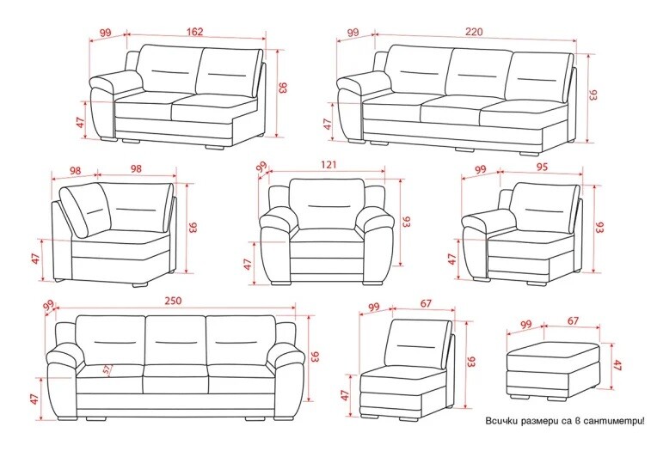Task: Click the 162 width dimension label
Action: (194, 32)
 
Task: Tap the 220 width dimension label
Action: (474, 32)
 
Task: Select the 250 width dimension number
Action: (173, 301)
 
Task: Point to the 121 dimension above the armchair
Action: (328, 165)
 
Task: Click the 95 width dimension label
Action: (542, 167)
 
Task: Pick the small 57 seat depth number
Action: (107, 369)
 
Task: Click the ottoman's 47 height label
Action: (617, 365)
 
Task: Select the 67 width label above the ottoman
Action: (574, 320)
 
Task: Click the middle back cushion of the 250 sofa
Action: (176, 340)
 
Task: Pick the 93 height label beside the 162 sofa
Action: (282, 88)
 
